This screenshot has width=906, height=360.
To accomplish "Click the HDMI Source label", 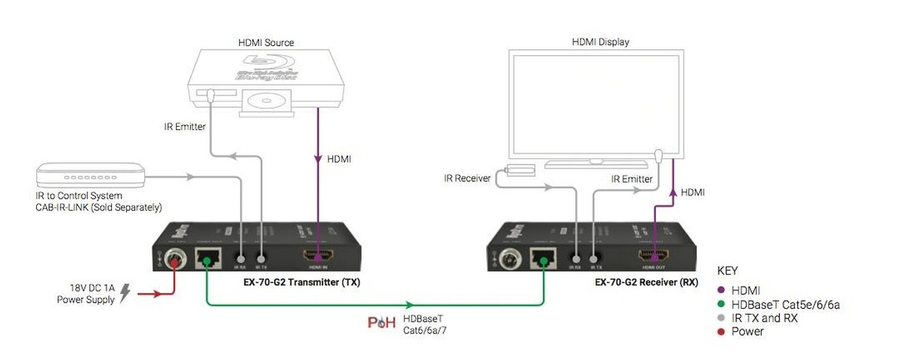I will click(266, 42).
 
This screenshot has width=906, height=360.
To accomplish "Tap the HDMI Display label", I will click(600, 42).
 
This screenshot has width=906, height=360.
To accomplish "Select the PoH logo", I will click(381, 322).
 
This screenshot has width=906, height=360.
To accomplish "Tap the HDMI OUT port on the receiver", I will click(654, 257).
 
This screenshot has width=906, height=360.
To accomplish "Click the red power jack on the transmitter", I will click(174, 260).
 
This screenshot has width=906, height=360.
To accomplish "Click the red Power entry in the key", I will click(747, 331).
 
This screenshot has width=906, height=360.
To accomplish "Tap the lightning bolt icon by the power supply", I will click(125, 293).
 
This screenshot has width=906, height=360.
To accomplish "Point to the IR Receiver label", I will click(467, 179).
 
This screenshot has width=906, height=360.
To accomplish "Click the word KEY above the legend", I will click(727, 270).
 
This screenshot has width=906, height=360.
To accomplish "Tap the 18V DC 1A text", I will click(91, 288).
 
